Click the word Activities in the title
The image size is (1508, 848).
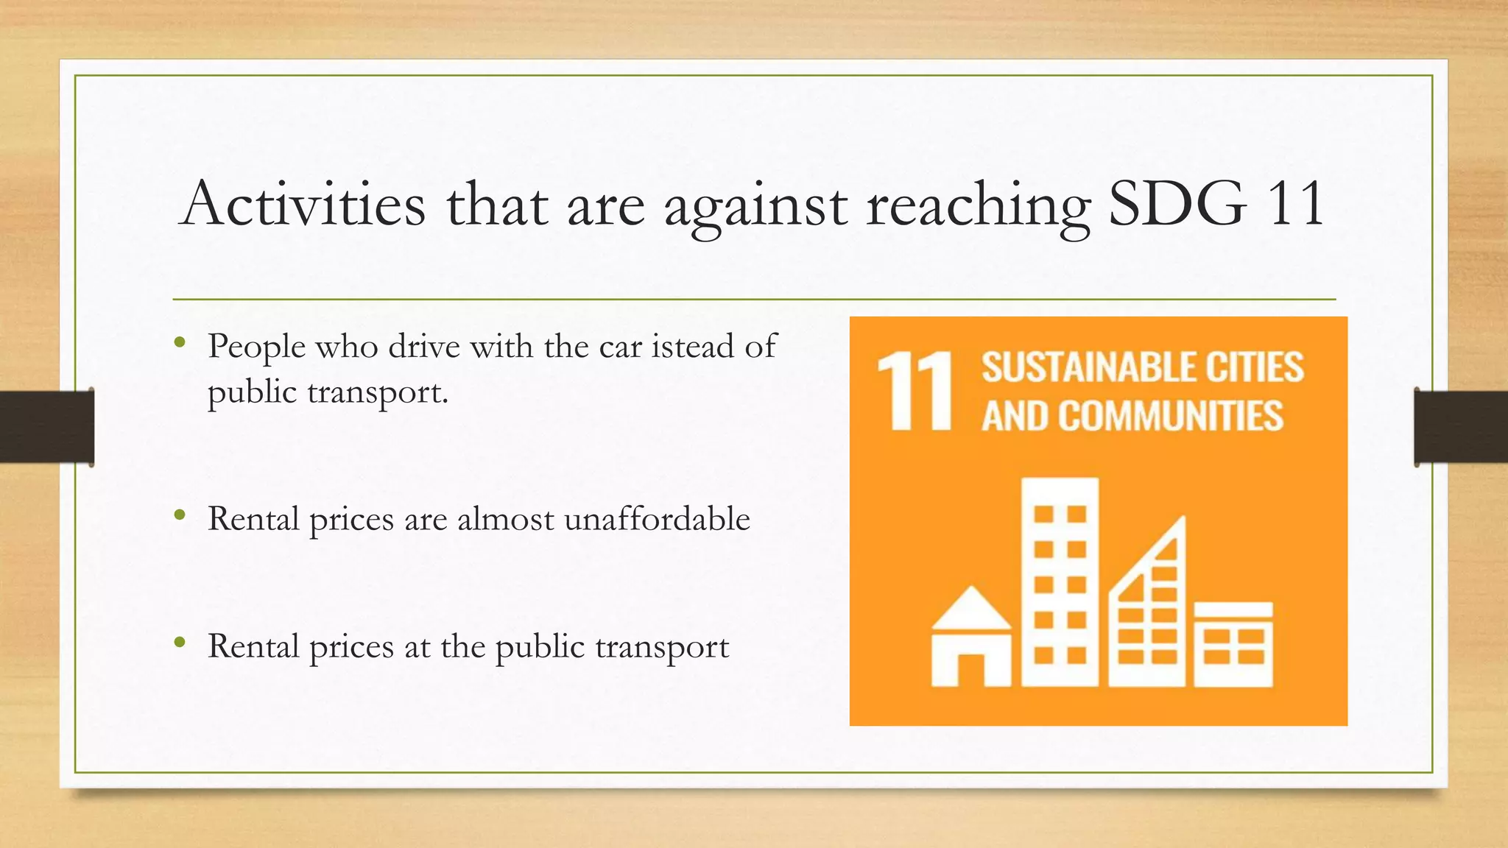(303, 204)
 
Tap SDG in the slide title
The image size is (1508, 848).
(1177, 204)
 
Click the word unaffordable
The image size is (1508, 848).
(657, 519)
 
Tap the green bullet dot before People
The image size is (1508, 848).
(180, 342)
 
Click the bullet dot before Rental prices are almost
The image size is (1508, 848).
(180, 515)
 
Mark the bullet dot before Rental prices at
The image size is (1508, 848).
(180, 643)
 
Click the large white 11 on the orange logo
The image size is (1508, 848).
(915, 391)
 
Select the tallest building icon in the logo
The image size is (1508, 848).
(1060, 582)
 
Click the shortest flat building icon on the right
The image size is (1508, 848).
(1233, 644)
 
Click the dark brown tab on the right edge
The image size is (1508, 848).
(1461, 427)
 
